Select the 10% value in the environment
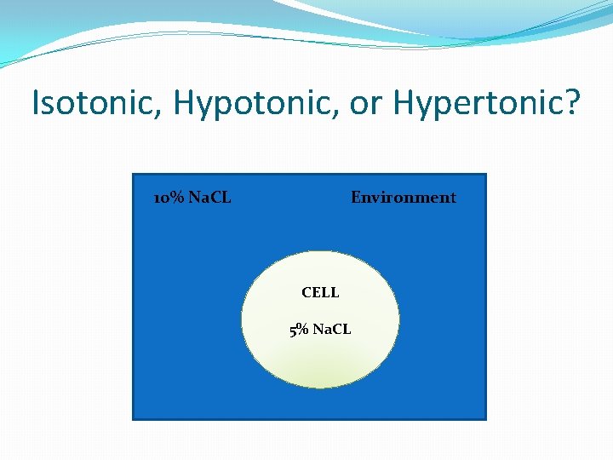point(169,198)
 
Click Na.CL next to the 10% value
point(209,198)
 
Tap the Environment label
point(404,198)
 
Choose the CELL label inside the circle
point(320,292)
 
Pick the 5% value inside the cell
point(300,330)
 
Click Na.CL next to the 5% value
point(332,330)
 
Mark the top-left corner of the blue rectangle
point(134,175)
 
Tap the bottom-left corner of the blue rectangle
point(134,418)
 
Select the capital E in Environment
point(356,198)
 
